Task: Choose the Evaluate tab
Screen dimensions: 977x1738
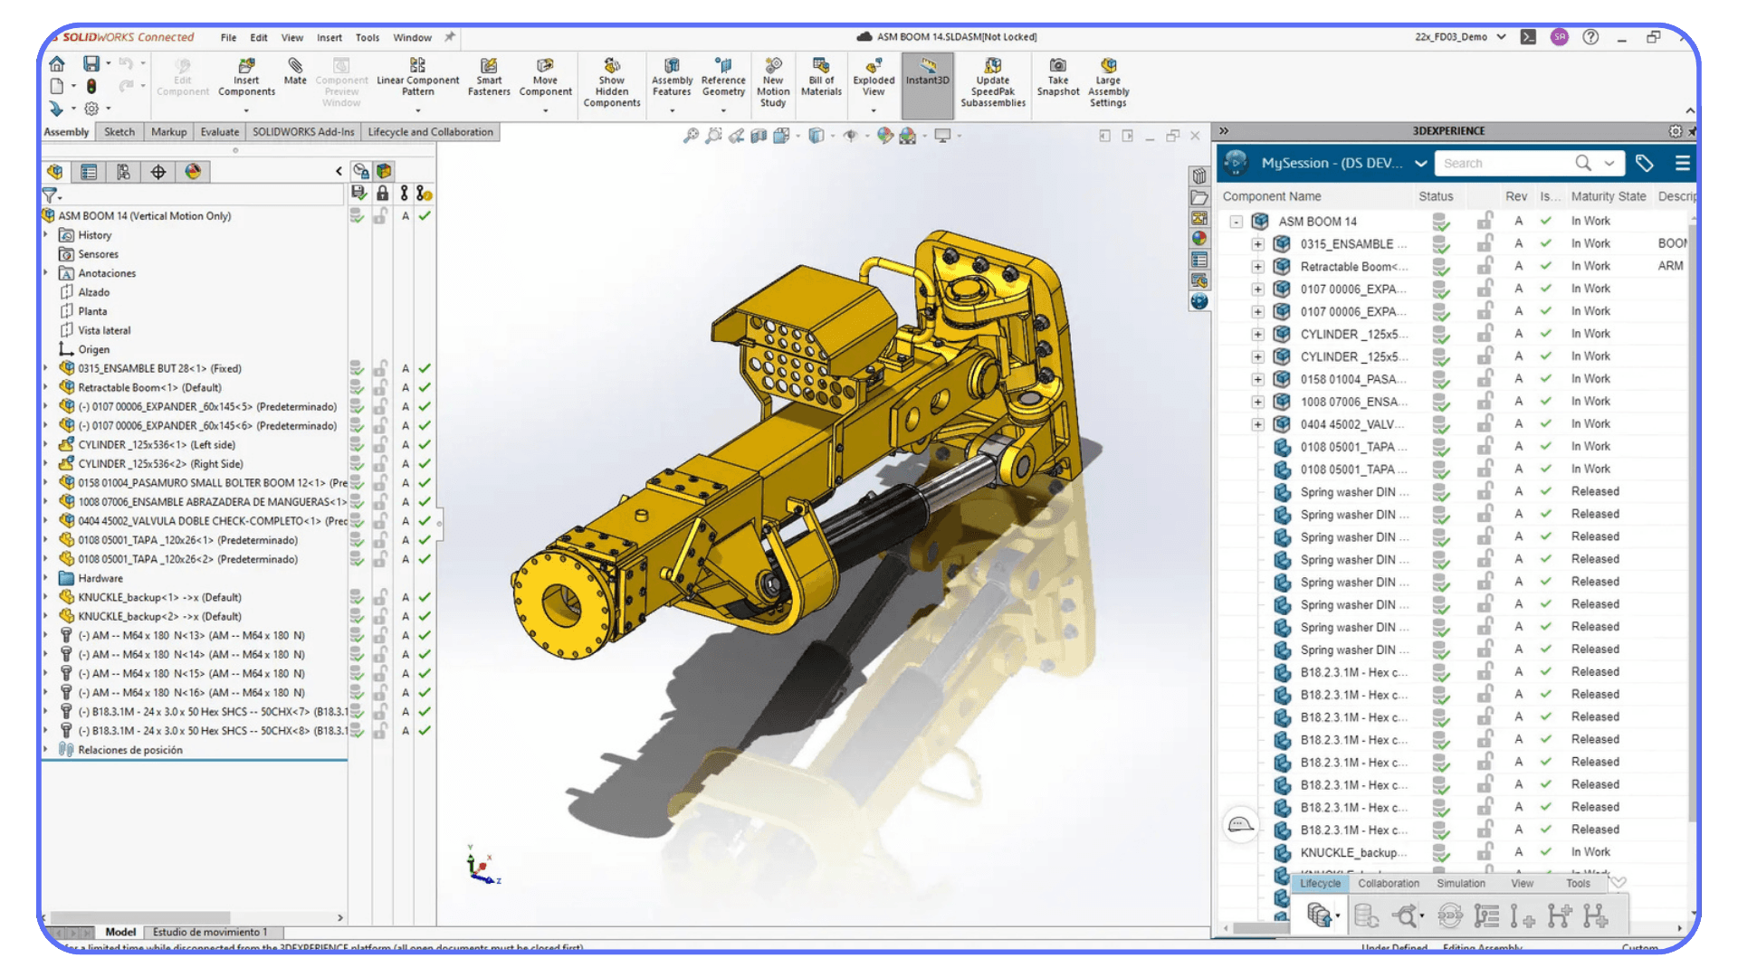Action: tap(220, 132)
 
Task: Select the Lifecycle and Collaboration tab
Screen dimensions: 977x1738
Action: tap(430, 132)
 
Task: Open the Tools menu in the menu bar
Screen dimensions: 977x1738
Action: tap(368, 38)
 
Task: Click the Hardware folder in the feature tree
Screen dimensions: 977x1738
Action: tap(100, 579)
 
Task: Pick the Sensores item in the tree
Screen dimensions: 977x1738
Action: tap(98, 255)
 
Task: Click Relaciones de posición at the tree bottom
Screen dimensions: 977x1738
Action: tap(129, 750)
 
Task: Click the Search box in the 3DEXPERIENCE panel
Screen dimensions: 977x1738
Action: tap(1503, 164)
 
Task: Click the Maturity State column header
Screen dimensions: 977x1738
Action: tap(1608, 196)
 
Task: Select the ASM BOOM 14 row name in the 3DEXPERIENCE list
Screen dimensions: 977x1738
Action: tap(1317, 222)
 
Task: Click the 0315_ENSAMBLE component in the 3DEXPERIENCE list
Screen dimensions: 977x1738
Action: tap(1352, 244)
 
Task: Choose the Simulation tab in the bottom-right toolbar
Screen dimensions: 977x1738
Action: tap(1460, 884)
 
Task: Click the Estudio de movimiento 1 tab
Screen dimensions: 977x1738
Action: tap(209, 932)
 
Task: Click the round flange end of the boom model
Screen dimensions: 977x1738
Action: tap(561, 602)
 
